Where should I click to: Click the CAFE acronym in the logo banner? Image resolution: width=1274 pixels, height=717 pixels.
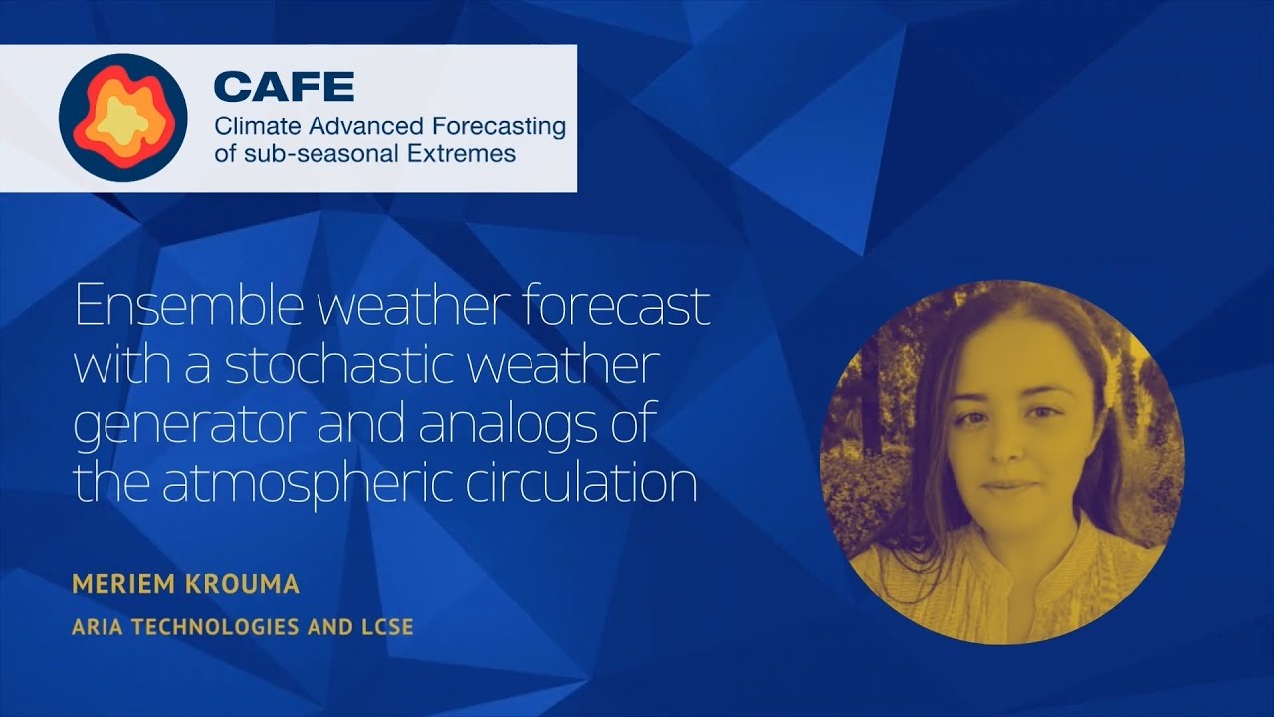coord(284,87)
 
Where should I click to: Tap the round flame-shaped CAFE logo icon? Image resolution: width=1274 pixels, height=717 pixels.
coord(123,118)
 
